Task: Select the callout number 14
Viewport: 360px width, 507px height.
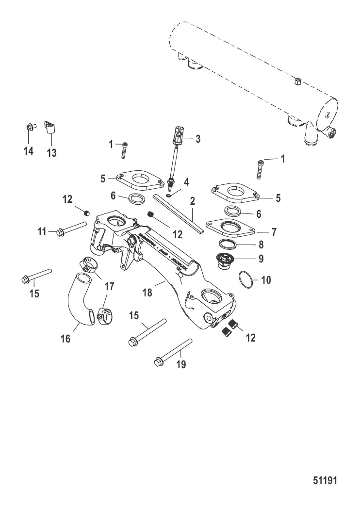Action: [29, 151]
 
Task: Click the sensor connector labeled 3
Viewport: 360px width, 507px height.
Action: [179, 133]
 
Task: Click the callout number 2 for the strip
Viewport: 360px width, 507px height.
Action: [192, 200]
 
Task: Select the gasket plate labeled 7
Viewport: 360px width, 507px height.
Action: [228, 227]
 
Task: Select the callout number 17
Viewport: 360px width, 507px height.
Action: [109, 286]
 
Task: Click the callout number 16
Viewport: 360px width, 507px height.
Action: [65, 339]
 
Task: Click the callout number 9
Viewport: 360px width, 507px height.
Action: [261, 259]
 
